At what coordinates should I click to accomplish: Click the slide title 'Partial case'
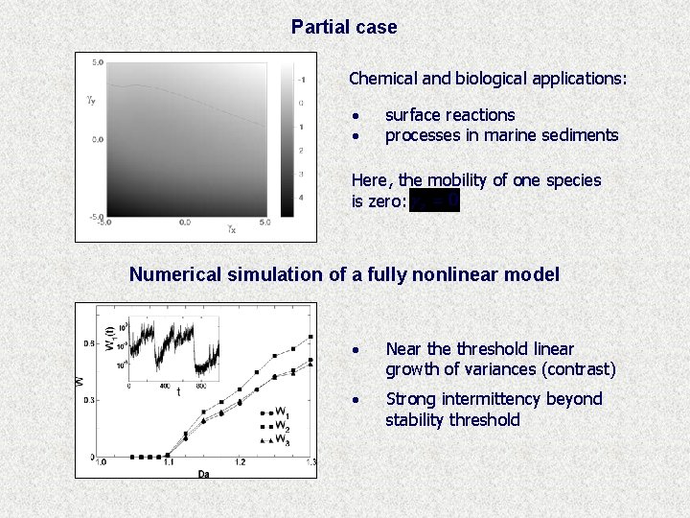click(344, 28)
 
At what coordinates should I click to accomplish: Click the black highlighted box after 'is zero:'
click(434, 200)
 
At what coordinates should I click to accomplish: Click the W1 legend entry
click(276, 413)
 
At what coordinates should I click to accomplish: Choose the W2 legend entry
click(276, 427)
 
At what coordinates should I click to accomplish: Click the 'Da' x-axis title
click(205, 473)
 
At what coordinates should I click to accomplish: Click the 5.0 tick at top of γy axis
click(98, 63)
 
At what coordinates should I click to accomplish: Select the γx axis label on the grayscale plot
click(232, 229)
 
